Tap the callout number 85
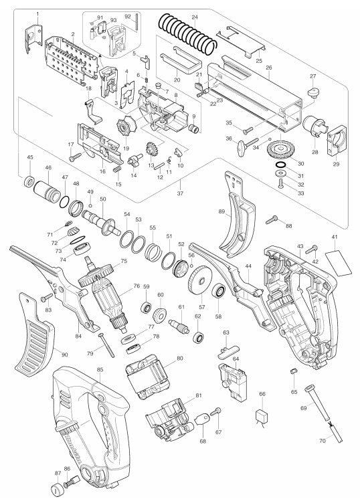[100, 369]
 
